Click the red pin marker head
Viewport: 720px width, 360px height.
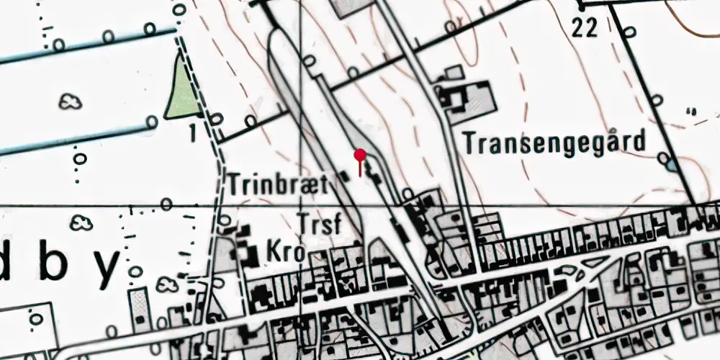click(x=360, y=155)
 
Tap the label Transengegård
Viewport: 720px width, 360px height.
click(x=554, y=143)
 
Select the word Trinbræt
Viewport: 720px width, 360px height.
click(x=279, y=184)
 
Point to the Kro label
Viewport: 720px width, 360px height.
click(x=286, y=253)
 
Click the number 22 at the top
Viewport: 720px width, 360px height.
click(x=585, y=28)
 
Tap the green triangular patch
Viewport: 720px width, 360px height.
click(x=182, y=90)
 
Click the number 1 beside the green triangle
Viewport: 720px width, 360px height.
click(x=193, y=132)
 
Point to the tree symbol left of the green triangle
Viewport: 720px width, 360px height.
click(x=70, y=102)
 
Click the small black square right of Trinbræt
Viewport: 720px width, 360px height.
click(x=343, y=175)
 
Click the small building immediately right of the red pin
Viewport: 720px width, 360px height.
click(x=372, y=173)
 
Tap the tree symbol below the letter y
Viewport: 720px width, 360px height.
click(x=167, y=285)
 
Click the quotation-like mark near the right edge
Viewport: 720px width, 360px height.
click(x=693, y=112)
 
